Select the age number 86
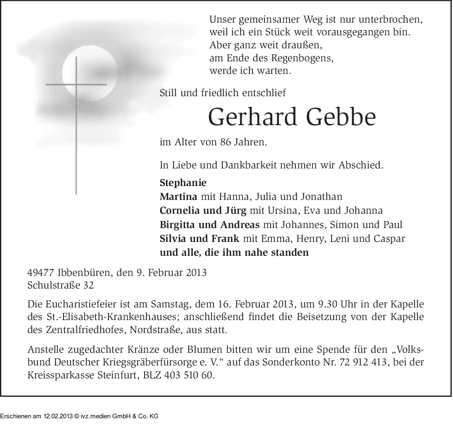pos(225,142)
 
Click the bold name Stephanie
pos(183,183)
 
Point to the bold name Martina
pos(179,196)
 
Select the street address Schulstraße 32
pos(61,286)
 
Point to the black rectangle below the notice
pos(79,412)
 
